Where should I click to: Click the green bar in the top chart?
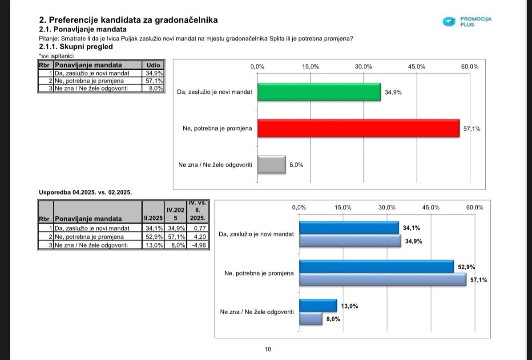pos(319,92)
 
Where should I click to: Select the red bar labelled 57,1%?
pos(358,128)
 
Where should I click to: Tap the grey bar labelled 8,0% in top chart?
pos(271,164)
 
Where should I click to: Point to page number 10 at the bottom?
pos(267,349)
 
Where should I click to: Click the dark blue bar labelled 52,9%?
pos(376,267)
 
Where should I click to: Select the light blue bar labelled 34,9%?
pos(350,241)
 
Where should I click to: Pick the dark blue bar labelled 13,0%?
pos(318,306)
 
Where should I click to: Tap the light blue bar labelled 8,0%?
pos(310,319)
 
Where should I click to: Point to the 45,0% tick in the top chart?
pos(416,67)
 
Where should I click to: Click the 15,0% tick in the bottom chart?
pos(343,208)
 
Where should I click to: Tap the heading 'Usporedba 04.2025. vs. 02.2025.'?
pos(85,192)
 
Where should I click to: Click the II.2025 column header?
pos(153,219)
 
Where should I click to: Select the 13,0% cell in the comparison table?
pos(153,245)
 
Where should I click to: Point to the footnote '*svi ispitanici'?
pos(56,56)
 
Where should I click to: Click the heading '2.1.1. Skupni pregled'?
pos(76,47)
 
